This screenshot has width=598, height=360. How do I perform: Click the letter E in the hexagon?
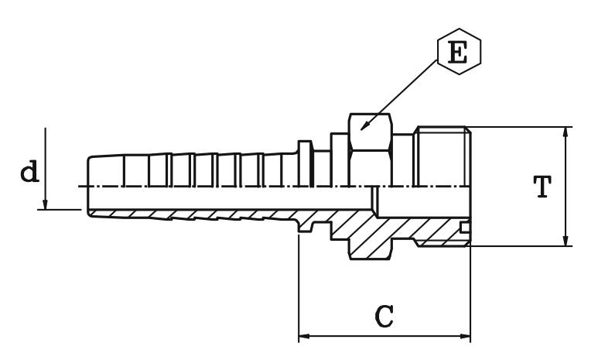coord(458,53)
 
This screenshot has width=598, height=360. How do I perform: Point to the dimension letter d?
coord(29,171)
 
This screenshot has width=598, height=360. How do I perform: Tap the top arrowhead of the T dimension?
coord(567,132)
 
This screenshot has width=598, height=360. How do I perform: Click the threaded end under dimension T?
coord(443,155)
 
